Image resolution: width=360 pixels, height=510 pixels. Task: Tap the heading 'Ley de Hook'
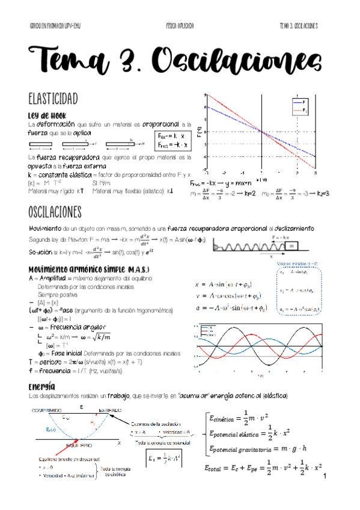coord(50,115)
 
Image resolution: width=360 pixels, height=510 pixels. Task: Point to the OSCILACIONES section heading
coord(63,212)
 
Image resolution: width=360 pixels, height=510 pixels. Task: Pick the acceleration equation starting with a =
coord(232,309)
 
